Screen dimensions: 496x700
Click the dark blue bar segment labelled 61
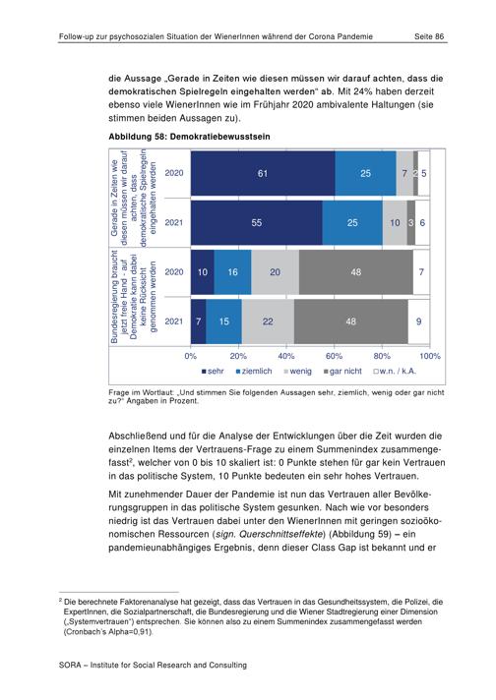[263, 173]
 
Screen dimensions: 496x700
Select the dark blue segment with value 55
[257, 222]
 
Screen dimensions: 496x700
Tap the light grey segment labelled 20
[275, 272]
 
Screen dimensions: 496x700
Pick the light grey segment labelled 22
[268, 321]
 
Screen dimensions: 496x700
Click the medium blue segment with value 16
[232, 272]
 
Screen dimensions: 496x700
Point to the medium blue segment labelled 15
[223, 321]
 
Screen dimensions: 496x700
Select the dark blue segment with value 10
[203, 272]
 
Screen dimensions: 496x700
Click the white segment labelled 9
[418, 321]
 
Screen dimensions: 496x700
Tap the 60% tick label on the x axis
[334, 356]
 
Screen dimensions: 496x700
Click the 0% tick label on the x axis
[191, 356]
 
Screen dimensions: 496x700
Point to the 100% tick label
[430, 356]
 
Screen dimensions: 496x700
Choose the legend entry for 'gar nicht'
[342, 371]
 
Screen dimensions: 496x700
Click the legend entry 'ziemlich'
[254, 371]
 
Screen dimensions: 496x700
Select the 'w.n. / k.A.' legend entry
[395, 371]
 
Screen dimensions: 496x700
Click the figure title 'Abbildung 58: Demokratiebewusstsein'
[190, 137]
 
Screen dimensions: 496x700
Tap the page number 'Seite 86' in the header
[429, 36]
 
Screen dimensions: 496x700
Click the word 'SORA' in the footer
[70, 666]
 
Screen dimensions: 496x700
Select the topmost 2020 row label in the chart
[174, 173]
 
